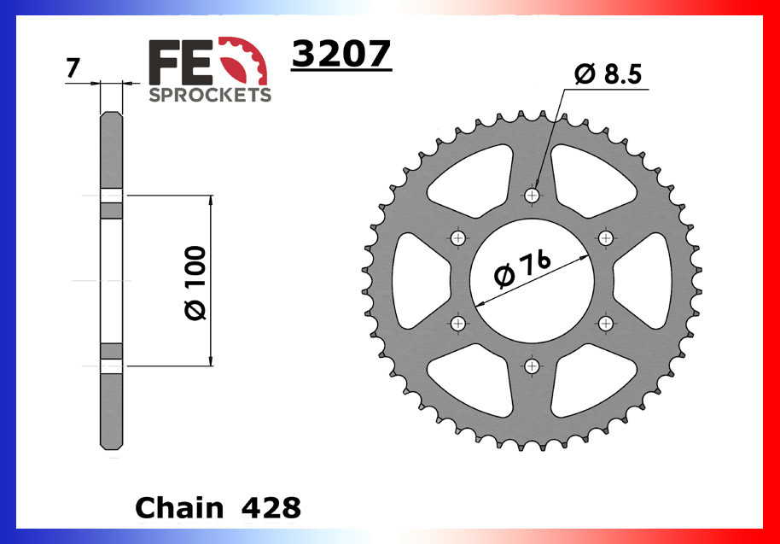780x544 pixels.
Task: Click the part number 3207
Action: (341, 55)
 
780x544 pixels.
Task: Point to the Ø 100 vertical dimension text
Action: (195, 283)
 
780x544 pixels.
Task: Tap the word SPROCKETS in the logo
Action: (210, 94)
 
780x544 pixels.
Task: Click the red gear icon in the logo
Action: (247, 64)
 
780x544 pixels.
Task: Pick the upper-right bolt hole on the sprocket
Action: (607, 237)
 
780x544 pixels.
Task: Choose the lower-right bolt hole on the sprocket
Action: (607, 323)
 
